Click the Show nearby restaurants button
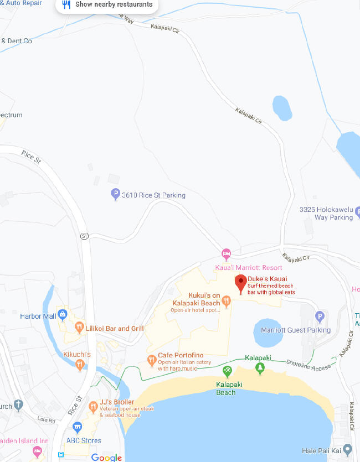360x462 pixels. (x=107, y=5)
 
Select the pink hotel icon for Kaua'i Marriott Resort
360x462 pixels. (x=226, y=255)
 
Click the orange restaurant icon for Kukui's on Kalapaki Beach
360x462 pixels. (x=226, y=302)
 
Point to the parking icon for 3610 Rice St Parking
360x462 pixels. (x=115, y=195)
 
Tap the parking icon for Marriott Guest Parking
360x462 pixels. (x=319, y=317)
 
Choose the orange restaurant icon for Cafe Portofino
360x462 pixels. (x=152, y=361)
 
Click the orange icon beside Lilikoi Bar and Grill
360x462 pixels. (x=79, y=328)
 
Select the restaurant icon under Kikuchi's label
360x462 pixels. (x=80, y=364)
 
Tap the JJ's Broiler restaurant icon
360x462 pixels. (x=93, y=407)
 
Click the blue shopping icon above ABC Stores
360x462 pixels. (x=77, y=427)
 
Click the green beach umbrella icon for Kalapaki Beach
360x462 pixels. (x=227, y=370)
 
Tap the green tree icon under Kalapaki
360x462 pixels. (x=259, y=367)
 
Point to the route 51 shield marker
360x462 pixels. (x=84, y=236)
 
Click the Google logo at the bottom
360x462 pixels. (x=106, y=457)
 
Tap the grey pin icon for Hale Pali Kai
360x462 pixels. (x=347, y=449)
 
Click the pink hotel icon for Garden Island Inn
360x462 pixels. (x=37, y=450)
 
